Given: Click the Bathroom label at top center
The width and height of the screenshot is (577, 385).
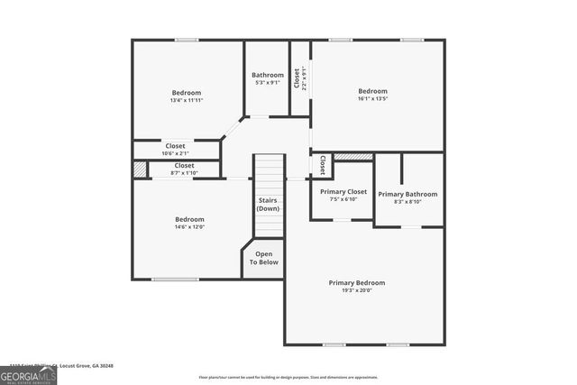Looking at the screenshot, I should click(268, 75).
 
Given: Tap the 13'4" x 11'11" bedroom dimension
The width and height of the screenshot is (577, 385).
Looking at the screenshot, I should click(187, 100).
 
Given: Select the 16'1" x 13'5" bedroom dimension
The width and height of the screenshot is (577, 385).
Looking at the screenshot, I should click(372, 98).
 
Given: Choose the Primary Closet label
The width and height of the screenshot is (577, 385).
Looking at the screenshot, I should click(343, 191).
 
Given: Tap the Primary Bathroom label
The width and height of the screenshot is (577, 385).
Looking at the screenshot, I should click(408, 194).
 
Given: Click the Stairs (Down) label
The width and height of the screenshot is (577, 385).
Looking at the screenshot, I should click(268, 204).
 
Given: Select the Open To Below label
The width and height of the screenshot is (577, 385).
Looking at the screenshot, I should click(264, 258).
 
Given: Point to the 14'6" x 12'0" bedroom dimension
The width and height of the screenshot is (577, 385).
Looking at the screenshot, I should click(189, 227).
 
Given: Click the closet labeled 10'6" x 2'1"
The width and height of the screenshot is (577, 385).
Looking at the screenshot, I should click(175, 153).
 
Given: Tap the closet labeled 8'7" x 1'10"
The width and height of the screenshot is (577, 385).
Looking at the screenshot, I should click(184, 172).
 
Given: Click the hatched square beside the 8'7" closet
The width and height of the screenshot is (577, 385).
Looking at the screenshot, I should click(140, 169).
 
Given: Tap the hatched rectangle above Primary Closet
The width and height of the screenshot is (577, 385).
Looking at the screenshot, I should click(346, 157).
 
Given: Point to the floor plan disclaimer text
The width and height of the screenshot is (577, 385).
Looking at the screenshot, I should click(288, 377).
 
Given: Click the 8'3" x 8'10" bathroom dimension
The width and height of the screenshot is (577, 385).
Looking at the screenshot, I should click(408, 202).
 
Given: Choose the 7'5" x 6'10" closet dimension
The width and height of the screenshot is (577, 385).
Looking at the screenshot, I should click(343, 199).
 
